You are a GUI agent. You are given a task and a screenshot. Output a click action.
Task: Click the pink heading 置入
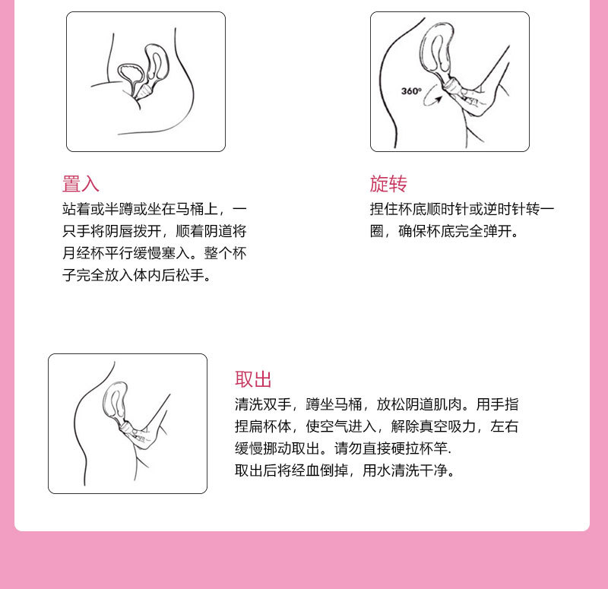81,184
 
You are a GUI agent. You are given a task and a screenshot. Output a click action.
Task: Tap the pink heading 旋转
388,184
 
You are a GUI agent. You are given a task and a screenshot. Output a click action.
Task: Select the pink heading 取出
253,380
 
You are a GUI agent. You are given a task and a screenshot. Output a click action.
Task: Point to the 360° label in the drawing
411,91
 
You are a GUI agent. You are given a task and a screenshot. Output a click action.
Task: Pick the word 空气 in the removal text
342,426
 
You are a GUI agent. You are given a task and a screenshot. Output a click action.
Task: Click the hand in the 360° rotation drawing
475,99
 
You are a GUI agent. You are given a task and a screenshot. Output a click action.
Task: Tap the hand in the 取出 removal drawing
143,435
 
